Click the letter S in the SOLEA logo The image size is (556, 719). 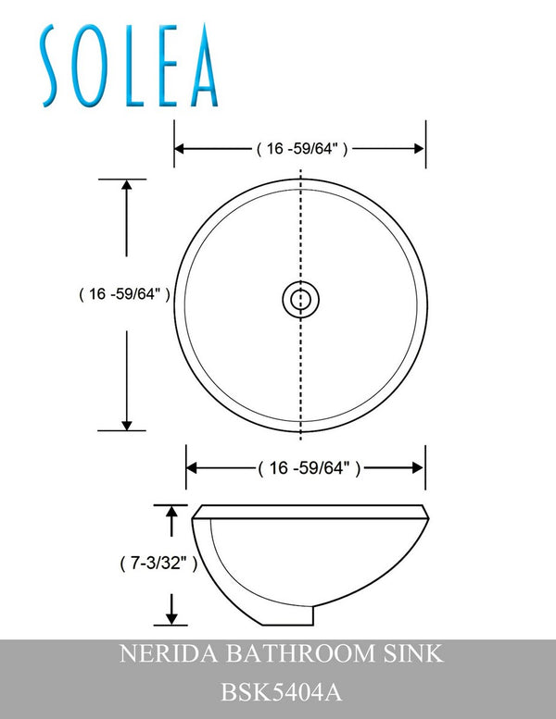pos(53,66)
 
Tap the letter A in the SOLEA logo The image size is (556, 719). pos(202,66)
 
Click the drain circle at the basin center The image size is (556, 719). pos(301,300)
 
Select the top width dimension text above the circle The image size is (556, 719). pos(302,149)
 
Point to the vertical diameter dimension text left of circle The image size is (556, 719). pos(125,294)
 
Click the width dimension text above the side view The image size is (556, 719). pos(309,468)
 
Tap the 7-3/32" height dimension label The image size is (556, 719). pos(158,563)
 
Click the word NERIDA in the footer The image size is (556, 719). pos(169,653)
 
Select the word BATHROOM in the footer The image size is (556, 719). pos(301,653)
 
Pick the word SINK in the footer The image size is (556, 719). pos(413,653)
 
